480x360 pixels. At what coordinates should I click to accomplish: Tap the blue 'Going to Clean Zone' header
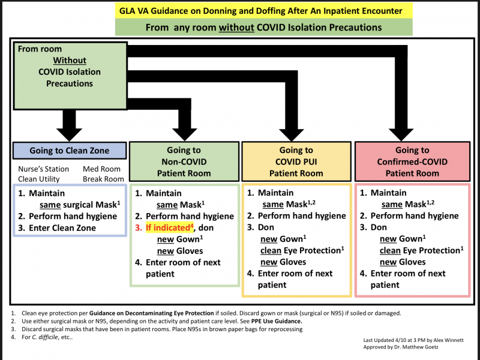coord(69,151)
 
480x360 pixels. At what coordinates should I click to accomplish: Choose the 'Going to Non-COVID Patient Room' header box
coord(184,161)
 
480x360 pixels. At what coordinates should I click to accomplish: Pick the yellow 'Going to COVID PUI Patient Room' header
coord(296,161)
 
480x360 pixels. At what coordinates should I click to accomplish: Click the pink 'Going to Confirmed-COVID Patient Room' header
coord(412,161)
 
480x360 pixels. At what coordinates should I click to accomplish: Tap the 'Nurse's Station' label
coord(43,169)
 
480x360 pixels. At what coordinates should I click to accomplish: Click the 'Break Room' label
coord(103,179)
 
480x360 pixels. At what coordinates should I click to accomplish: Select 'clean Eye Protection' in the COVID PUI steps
coord(302,250)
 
